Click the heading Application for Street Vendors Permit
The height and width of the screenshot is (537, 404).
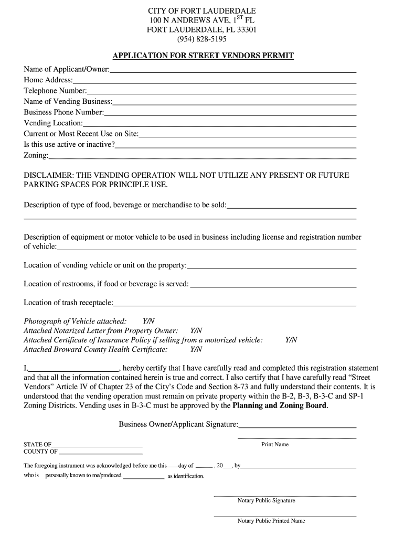click(204, 56)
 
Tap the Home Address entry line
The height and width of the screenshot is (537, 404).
click(215, 81)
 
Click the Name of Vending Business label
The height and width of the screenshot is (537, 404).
click(68, 101)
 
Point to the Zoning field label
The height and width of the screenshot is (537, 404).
click(36, 155)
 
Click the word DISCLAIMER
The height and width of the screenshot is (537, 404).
click(48, 175)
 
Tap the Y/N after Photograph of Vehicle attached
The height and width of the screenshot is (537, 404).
click(149, 321)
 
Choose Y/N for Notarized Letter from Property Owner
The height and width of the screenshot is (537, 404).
click(196, 330)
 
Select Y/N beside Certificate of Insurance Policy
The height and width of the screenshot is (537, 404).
click(291, 340)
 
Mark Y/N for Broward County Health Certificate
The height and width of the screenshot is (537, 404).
click(196, 349)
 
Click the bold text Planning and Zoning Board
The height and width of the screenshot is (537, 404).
click(280, 405)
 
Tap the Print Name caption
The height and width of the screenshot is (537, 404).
click(275, 445)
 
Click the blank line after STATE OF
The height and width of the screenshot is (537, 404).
click(97, 446)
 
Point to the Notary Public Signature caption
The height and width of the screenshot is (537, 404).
click(266, 500)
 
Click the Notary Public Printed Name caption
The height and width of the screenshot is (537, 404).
click(271, 521)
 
